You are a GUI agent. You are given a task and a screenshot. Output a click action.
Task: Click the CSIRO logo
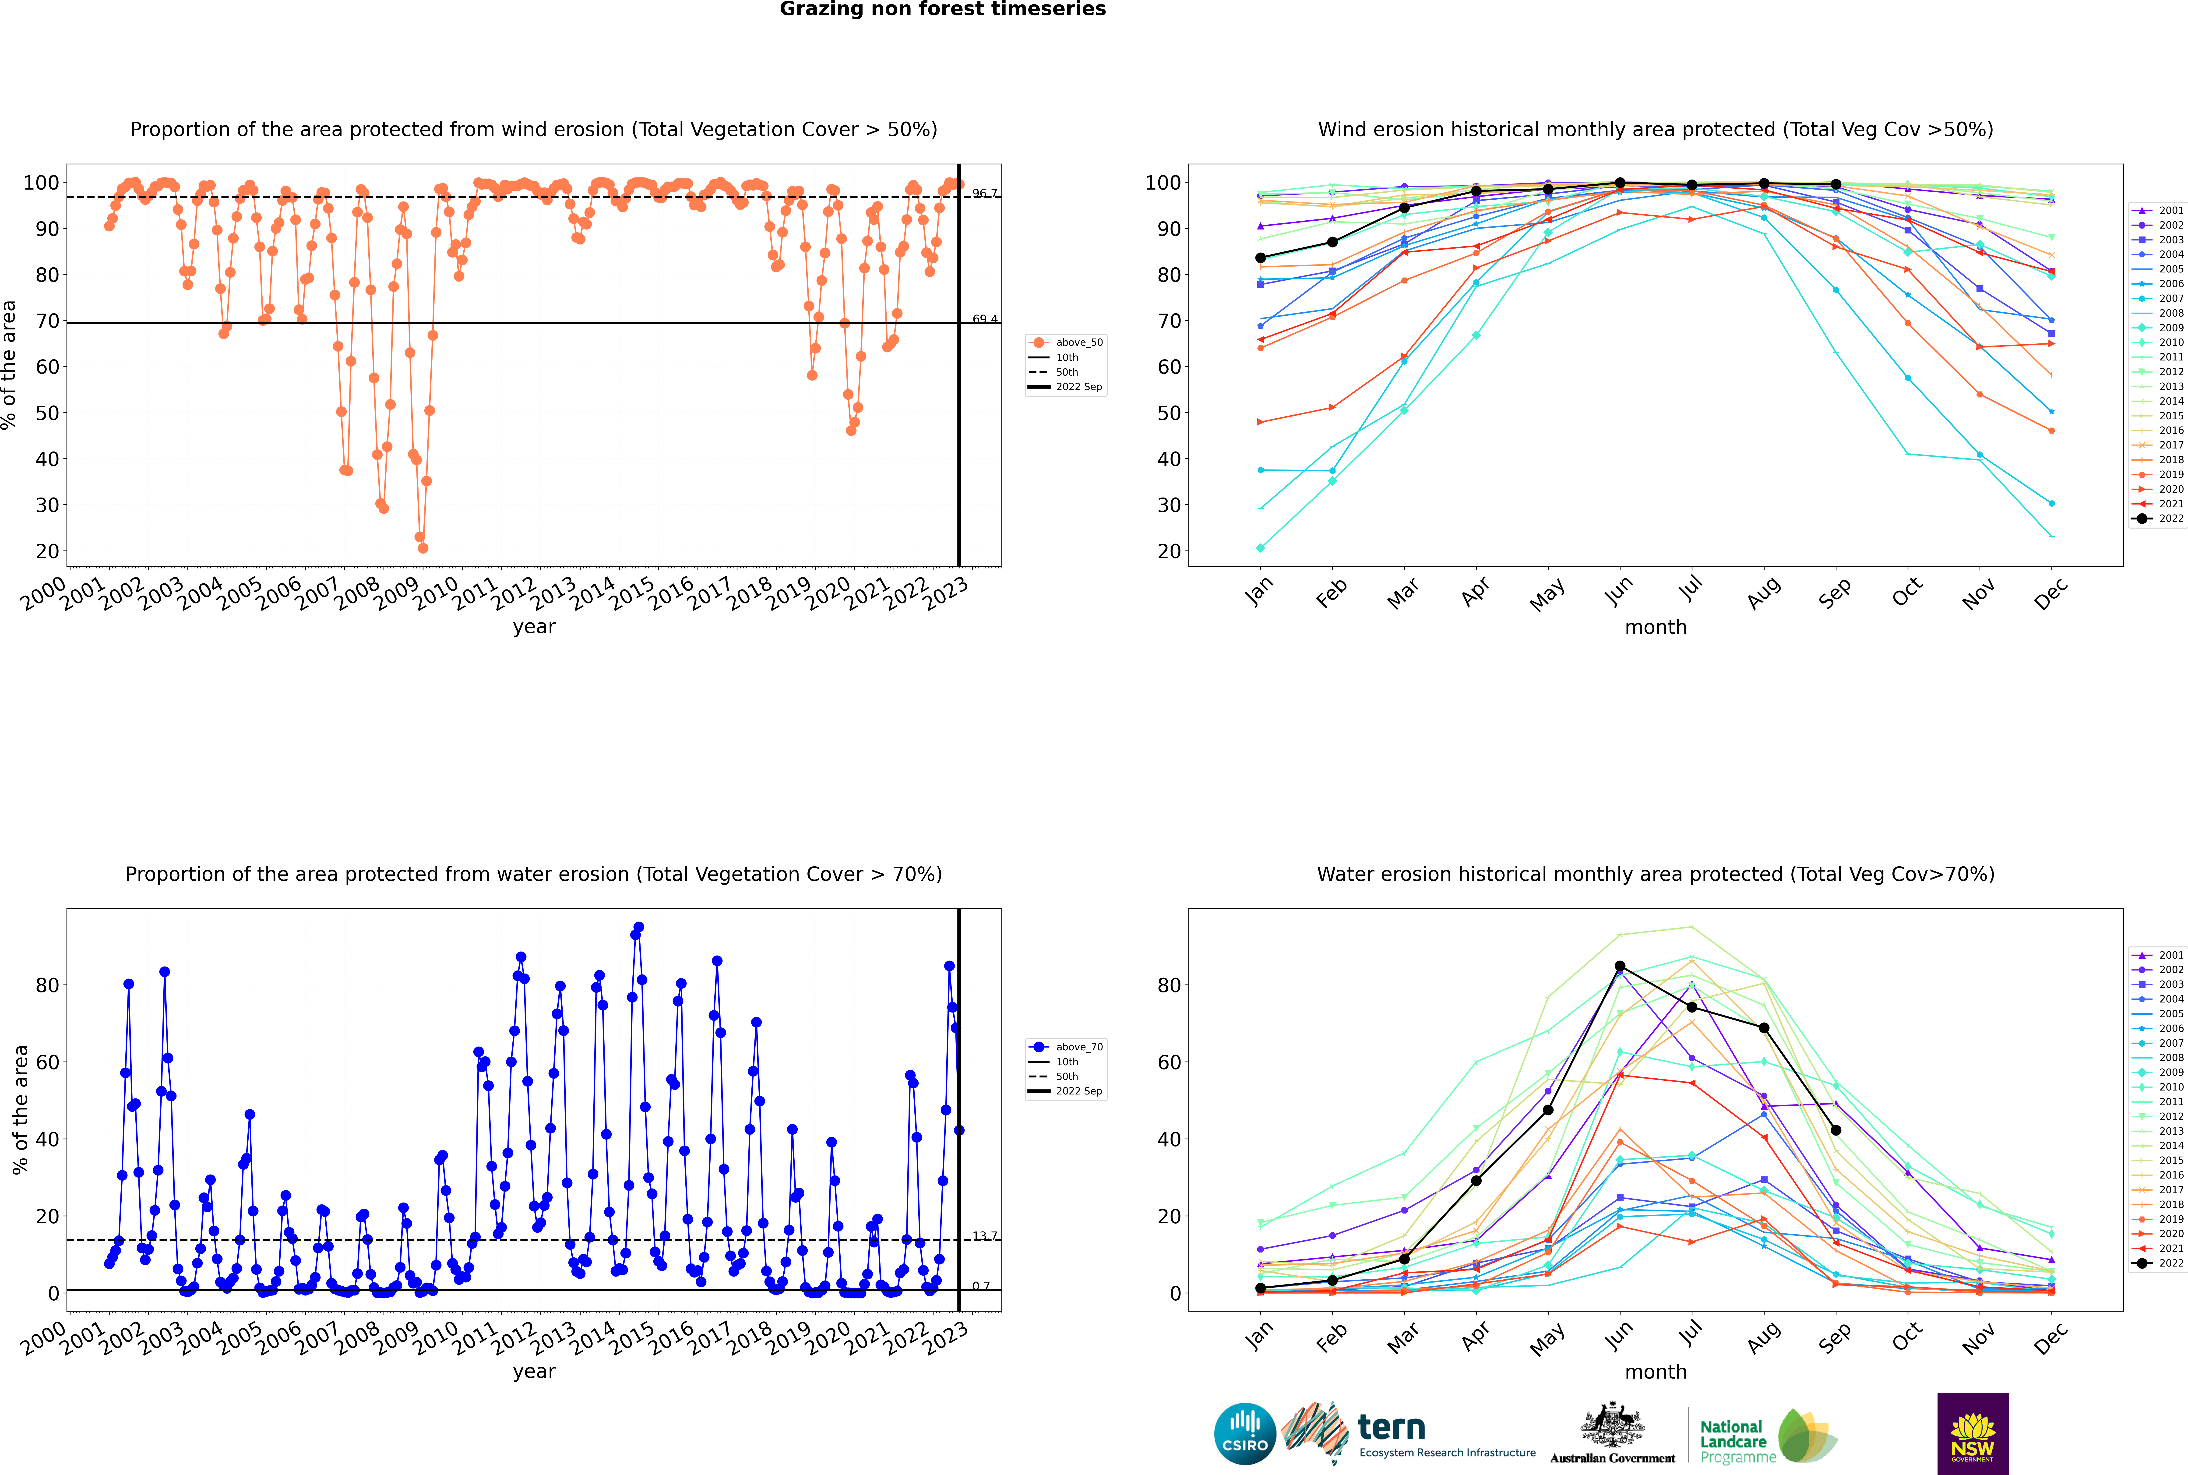[x=1244, y=1434]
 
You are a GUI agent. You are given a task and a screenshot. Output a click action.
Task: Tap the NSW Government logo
[x=1973, y=1434]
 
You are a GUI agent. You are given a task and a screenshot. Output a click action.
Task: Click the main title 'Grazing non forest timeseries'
[x=943, y=9]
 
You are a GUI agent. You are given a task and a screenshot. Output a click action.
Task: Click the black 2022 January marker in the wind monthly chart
[x=1261, y=258]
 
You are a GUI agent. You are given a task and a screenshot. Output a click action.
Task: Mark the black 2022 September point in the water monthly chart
[x=1835, y=1130]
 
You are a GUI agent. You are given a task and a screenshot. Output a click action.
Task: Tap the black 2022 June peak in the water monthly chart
[x=1620, y=966]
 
